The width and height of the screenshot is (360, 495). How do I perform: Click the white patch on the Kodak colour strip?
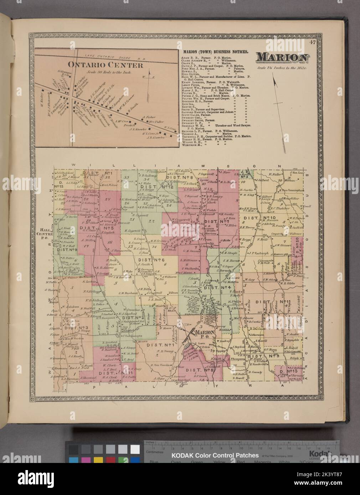pyautogui.click(x=135, y=449)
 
